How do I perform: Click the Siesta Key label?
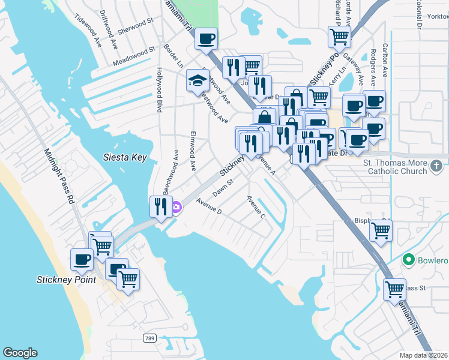pyautogui.click(x=125, y=158)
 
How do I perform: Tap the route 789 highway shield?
pyautogui.click(x=150, y=339)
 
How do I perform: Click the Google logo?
pyautogui.click(x=20, y=353)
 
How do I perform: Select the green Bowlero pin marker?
pyautogui.click(x=409, y=260)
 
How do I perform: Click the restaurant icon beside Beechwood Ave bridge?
pyautogui.click(x=160, y=207)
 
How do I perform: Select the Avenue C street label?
pyautogui.click(x=256, y=206)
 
